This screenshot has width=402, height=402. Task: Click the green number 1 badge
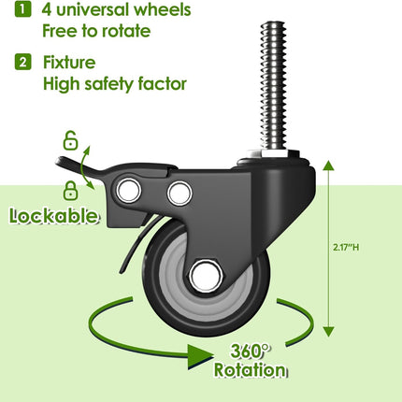tap(23, 8)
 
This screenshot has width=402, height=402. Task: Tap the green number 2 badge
tap(23, 62)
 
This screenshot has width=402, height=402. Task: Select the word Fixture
tap(69, 62)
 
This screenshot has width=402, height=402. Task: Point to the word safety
tap(109, 84)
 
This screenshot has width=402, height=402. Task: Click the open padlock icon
tap(71, 140)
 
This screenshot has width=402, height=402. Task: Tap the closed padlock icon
tap(71, 191)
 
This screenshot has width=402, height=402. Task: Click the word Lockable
tap(53, 216)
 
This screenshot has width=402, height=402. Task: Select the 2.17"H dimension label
tap(346, 248)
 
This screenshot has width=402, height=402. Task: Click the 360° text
tap(250, 351)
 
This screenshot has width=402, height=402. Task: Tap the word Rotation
tap(250, 370)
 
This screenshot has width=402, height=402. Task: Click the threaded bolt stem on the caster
tap(273, 85)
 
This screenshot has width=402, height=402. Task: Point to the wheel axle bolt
tap(206, 277)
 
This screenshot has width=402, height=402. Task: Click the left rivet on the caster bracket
tap(128, 190)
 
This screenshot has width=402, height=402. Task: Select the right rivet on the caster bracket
tap(179, 194)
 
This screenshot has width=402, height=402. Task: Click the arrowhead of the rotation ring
tap(200, 357)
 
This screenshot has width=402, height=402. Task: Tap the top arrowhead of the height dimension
tap(328, 166)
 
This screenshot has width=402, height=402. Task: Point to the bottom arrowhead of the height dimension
tap(328, 332)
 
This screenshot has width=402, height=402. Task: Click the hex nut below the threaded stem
tap(273, 153)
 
